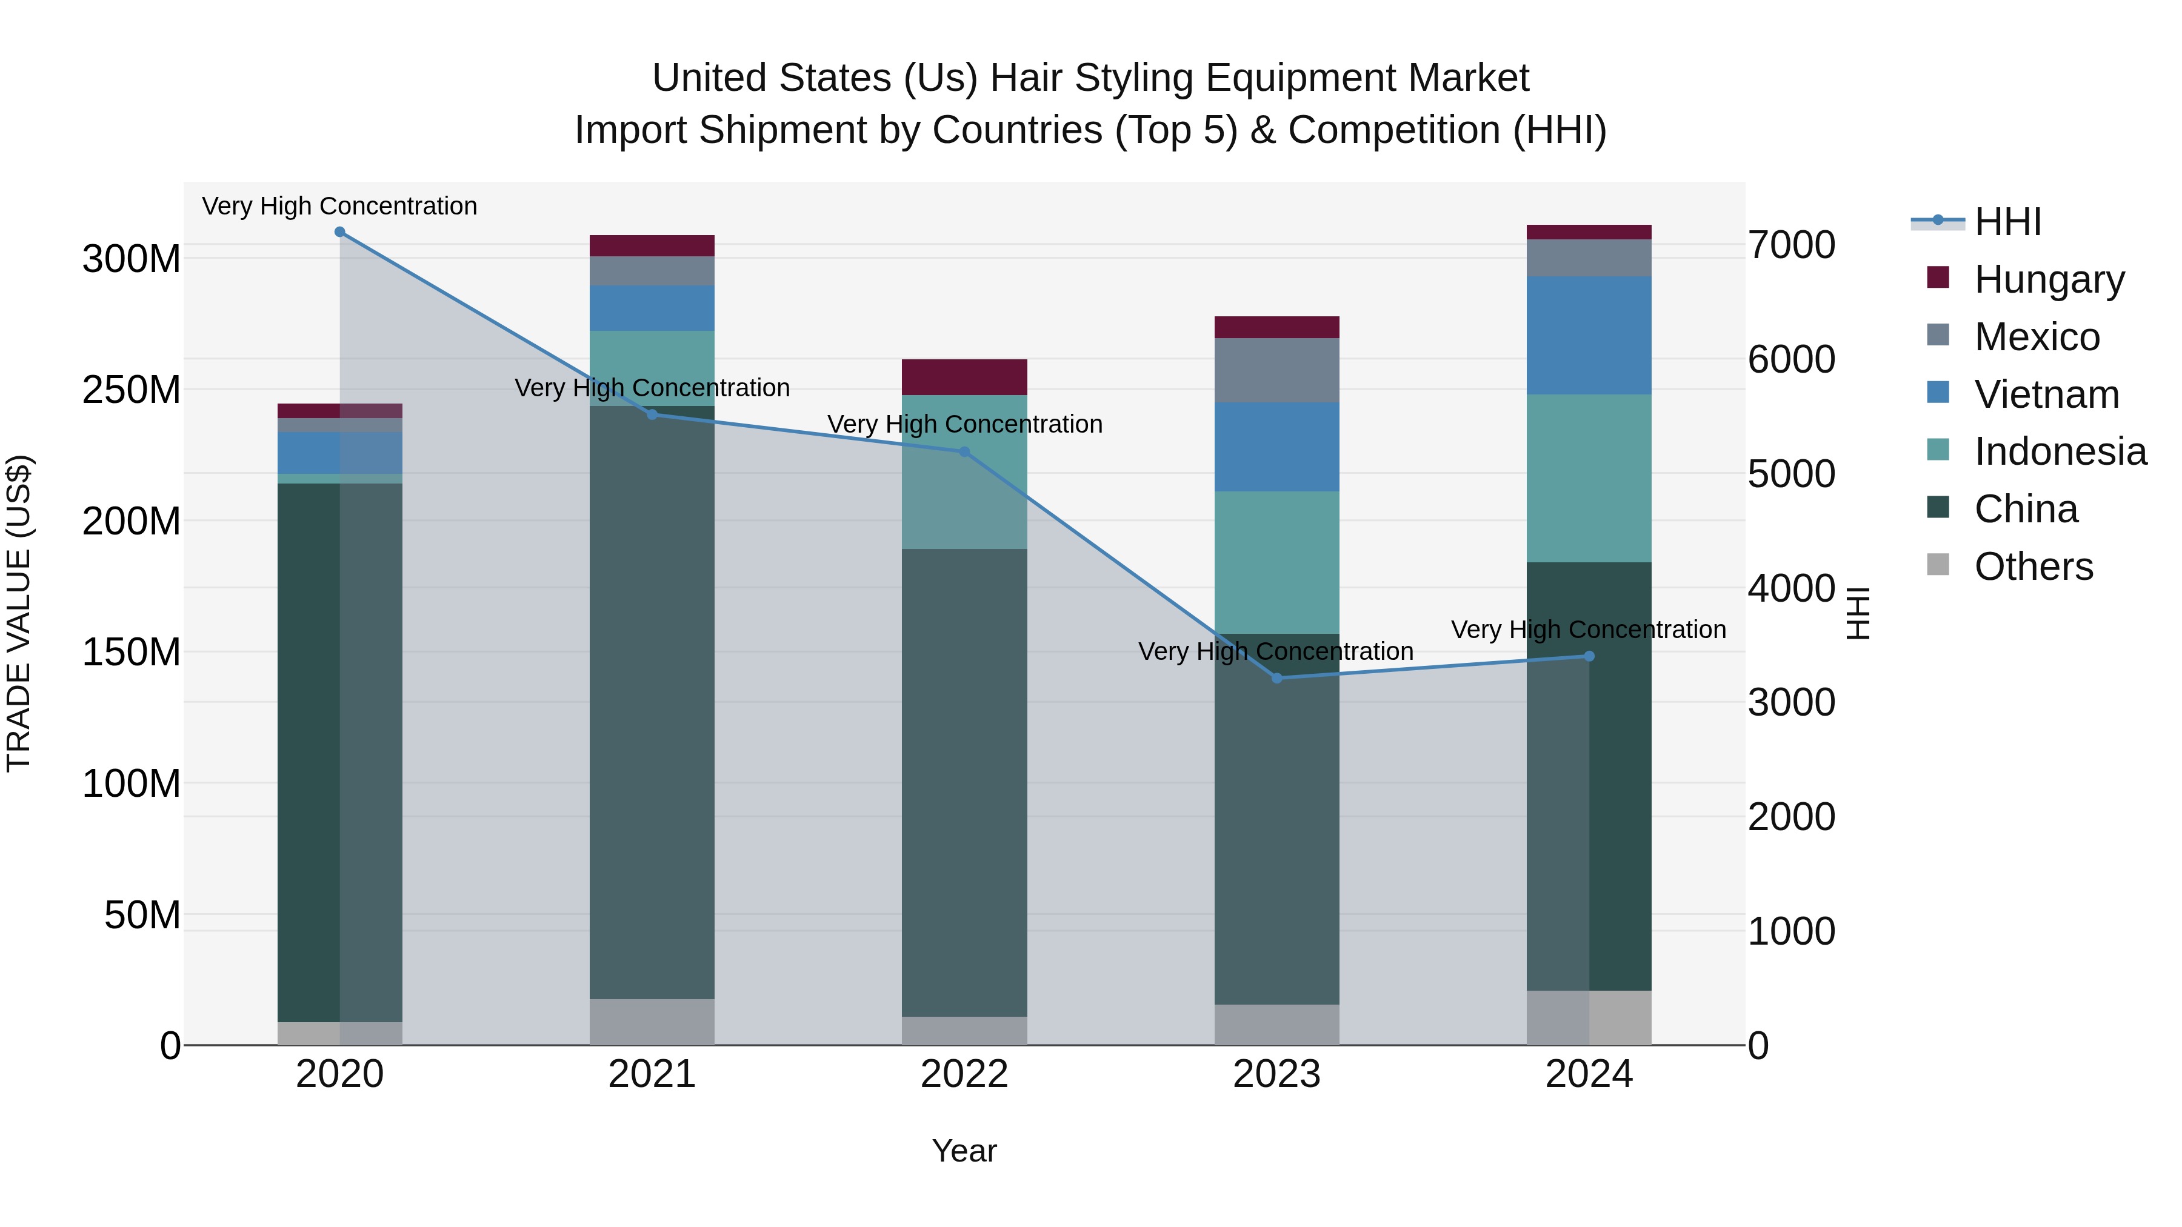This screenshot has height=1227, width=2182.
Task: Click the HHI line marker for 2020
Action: [x=339, y=232]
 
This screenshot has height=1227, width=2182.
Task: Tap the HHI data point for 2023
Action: [x=1277, y=678]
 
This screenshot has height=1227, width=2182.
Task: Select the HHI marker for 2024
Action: [x=1589, y=656]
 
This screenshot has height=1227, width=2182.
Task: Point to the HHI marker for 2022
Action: [x=964, y=452]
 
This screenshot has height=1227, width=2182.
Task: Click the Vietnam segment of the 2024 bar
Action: [x=1589, y=335]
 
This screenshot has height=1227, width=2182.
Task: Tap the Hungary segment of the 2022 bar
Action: [x=964, y=377]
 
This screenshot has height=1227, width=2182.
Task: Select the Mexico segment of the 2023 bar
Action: [x=1277, y=370]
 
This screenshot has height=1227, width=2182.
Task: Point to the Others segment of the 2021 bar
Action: [x=652, y=1022]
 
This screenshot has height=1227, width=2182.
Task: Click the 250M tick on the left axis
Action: [x=132, y=390]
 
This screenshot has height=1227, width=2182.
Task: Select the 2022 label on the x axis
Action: [x=964, y=1074]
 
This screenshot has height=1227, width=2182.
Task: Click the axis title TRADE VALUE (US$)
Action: [x=19, y=613]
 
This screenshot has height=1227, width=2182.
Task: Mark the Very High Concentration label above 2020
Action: [x=339, y=206]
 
